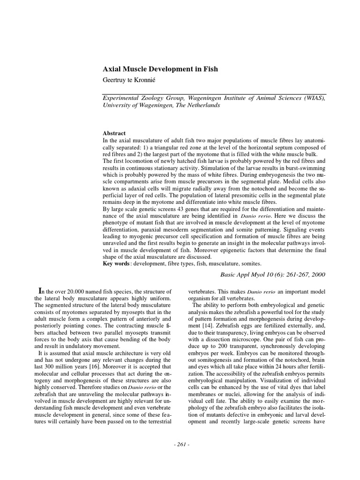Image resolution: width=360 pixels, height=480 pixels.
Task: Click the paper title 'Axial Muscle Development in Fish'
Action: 160,69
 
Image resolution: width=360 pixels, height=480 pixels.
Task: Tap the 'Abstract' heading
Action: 114,134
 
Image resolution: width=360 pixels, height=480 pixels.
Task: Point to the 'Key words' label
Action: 116,264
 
